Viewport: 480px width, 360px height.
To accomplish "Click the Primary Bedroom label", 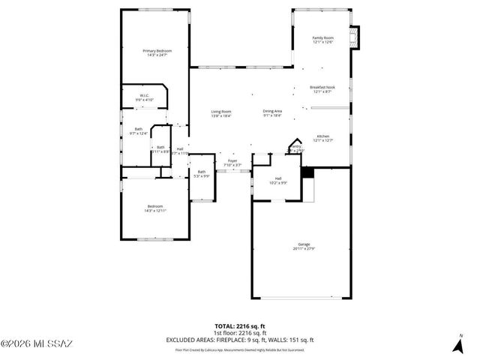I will [x=156, y=52].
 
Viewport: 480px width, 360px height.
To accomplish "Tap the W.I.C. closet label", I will [x=144, y=97].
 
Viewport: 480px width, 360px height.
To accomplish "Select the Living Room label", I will [x=220, y=113].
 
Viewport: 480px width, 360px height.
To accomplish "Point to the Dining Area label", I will [x=272, y=113].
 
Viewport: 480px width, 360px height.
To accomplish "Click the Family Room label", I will [x=322, y=39].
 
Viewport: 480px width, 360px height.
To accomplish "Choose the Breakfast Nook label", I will [x=322, y=88].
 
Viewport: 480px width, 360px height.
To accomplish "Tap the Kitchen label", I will [x=322, y=137].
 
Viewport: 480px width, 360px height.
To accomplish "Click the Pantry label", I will [x=296, y=148].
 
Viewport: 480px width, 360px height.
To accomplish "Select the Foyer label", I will [x=232, y=163].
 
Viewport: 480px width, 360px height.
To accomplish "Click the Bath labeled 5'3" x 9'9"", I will [x=201, y=174].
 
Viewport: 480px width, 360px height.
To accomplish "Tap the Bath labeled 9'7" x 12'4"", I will [x=139, y=131].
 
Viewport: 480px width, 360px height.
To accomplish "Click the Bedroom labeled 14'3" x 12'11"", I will [x=155, y=208].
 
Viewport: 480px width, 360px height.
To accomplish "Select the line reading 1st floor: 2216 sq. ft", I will [x=240, y=333].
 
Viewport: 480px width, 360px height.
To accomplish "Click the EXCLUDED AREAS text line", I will [x=240, y=340].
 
